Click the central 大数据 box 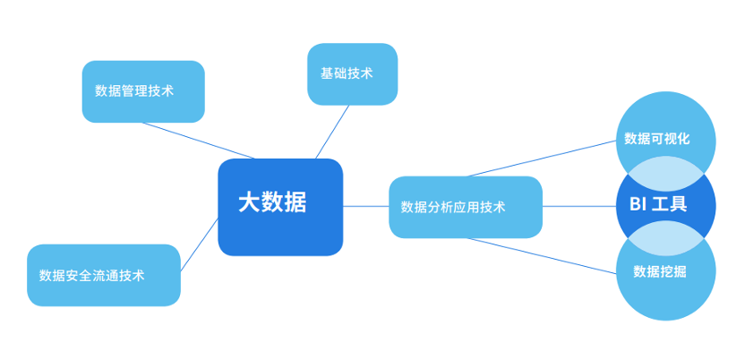coord(280,207)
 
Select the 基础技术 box coord(353,74)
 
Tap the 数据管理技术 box coord(143,91)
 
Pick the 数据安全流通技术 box coord(104,276)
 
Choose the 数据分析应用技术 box coord(466,207)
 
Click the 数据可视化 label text coord(656,139)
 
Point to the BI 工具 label coord(658,204)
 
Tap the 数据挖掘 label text coord(659,271)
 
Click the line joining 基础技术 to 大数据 coord(332,132)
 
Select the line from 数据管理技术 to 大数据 coord(199,141)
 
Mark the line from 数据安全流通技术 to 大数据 coord(200,244)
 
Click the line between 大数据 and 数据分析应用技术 coord(366,207)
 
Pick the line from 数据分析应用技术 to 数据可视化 coord(542,159)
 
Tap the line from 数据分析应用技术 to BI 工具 coord(579,207)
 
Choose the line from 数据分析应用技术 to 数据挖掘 coord(542,256)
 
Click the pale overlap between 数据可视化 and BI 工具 coord(665,172)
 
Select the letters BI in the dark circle coord(638,204)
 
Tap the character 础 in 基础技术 coord(339,73)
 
